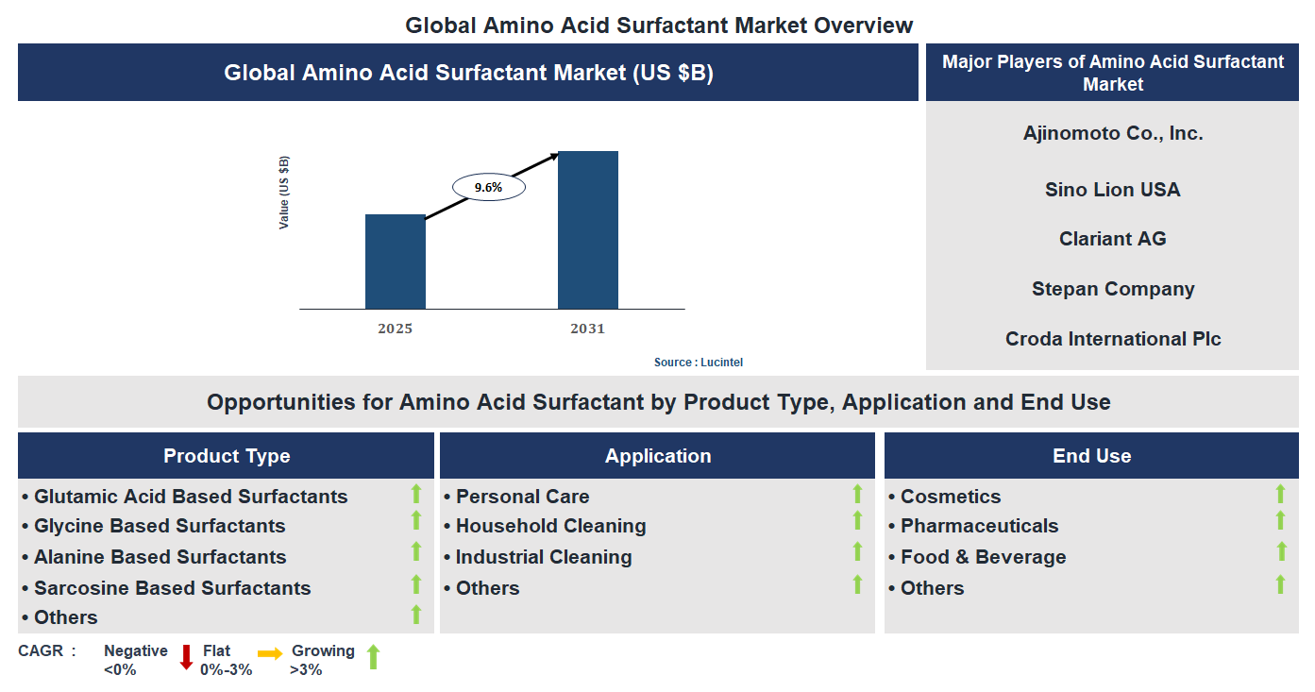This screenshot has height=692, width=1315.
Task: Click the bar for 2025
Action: click(395, 262)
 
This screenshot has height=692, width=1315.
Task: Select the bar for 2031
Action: click(587, 229)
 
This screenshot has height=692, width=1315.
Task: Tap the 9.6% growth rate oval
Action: click(488, 188)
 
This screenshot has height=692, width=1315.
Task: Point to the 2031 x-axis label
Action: click(587, 329)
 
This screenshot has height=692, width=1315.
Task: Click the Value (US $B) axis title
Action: click(284, 193)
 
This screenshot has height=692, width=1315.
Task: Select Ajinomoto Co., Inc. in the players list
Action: click(1113, 133)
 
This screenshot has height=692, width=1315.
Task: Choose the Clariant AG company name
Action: click(1112, 239)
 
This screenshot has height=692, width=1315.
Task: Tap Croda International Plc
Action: click(1112, 339)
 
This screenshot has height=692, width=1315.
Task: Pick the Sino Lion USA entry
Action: click(1112, 190)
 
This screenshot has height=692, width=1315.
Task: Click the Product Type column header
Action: click(227, 456)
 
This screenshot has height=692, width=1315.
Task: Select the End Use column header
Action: click(1091, 456)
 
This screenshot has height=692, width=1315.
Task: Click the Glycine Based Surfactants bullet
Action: click(159, 526)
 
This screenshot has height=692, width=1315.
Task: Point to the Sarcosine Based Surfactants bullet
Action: click(172, 588)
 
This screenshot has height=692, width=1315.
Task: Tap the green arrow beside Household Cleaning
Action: click(857, 521)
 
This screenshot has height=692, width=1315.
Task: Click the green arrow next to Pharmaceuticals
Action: click(1280, 521)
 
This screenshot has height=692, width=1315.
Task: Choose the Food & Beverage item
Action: click(983, 557)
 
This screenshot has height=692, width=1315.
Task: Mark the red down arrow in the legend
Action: click(186, 657)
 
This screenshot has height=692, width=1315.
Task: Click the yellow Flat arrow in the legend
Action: click(270, 653)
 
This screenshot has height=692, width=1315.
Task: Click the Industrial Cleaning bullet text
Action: click(543, 557)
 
